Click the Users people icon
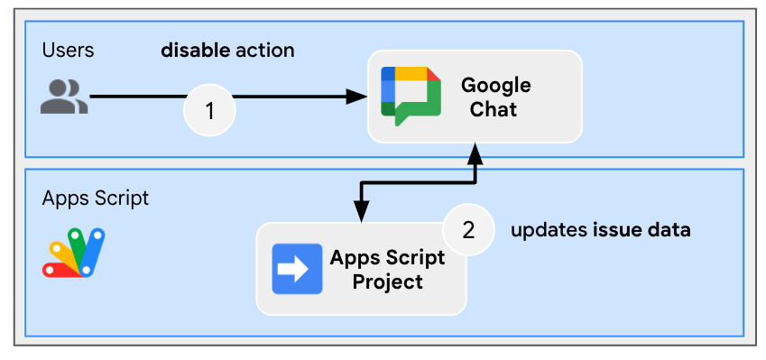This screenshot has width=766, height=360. pos(64,97)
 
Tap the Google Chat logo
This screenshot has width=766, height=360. pos(411,96)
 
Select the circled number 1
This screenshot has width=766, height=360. pos(209,111)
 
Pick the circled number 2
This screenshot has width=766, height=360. pos(468,230)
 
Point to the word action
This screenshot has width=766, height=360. pos(264,51)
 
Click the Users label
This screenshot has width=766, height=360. pos(68,51)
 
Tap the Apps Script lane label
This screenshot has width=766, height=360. pos(96,199)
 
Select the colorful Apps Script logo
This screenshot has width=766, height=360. pos(73,253)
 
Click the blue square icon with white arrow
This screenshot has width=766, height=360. pos(297,269)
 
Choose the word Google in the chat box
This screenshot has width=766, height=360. pos(496,87)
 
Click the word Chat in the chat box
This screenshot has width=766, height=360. pos(494,109)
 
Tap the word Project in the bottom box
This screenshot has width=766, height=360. pos(387,282)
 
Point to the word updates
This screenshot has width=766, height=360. pos(549,231)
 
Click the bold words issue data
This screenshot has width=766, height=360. pos(641,229)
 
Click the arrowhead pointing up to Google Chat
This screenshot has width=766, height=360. pos(475,153)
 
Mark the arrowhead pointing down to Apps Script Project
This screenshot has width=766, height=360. pos(361,211)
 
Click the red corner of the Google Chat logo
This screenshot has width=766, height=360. pos(433,74)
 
